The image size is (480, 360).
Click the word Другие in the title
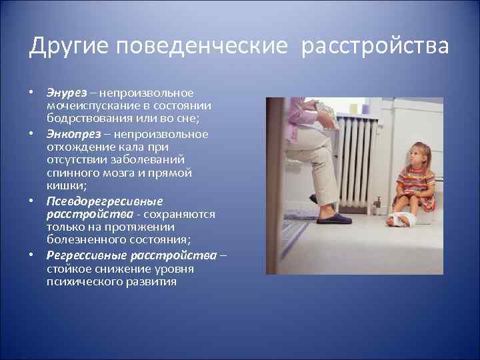click(x=69, y=47)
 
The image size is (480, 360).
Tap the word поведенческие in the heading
click(x=202, y=47)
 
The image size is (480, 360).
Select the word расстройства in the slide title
click(x=375, y=47)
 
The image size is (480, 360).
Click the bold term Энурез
click(x=67, y=93)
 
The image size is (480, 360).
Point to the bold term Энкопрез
click(x=74, y=134)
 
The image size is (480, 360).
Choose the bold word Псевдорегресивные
click(x=105, y=201)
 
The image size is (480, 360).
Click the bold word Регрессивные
click(x=87, y=255)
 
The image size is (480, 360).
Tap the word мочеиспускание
click(x=93, y=106)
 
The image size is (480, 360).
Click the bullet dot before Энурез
click(x=31, y=92)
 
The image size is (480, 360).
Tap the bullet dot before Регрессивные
click(x=31, y=255)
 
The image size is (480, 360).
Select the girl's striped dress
click(x=417, y=187)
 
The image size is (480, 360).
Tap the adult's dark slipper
click(x=334, y=219)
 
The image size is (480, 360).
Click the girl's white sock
click(x=401, y=219)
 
